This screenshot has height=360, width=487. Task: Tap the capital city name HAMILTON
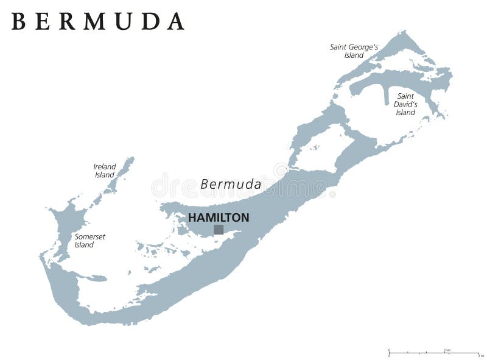218,217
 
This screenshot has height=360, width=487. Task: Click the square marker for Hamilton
219,230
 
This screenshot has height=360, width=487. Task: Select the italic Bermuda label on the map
231,184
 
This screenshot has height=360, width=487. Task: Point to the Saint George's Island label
354,51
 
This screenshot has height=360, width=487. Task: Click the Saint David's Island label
405,104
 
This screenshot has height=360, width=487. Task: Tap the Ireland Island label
104,171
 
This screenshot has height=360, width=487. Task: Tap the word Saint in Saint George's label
340,46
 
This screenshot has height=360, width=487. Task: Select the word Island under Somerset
84,245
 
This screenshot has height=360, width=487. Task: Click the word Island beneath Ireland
104,175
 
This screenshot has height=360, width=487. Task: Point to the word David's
405,104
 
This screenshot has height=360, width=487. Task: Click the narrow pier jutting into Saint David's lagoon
387,95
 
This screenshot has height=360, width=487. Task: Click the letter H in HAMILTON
192,217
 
